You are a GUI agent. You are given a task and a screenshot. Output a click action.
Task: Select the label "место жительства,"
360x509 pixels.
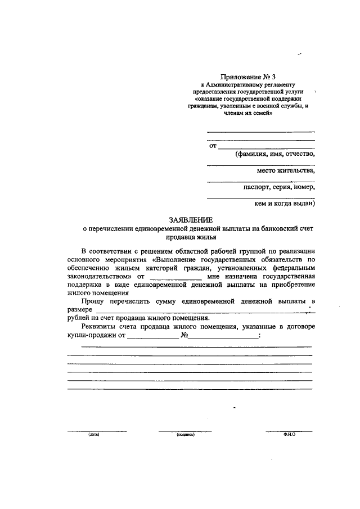[x=286, y=170]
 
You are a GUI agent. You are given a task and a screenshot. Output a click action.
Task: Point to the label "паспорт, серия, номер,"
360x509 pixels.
[x=279, y=187]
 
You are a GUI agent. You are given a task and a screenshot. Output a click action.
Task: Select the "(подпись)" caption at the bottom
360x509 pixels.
[x=185, y=435]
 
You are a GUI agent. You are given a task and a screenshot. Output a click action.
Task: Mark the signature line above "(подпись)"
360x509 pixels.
[x=185, y=431]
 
